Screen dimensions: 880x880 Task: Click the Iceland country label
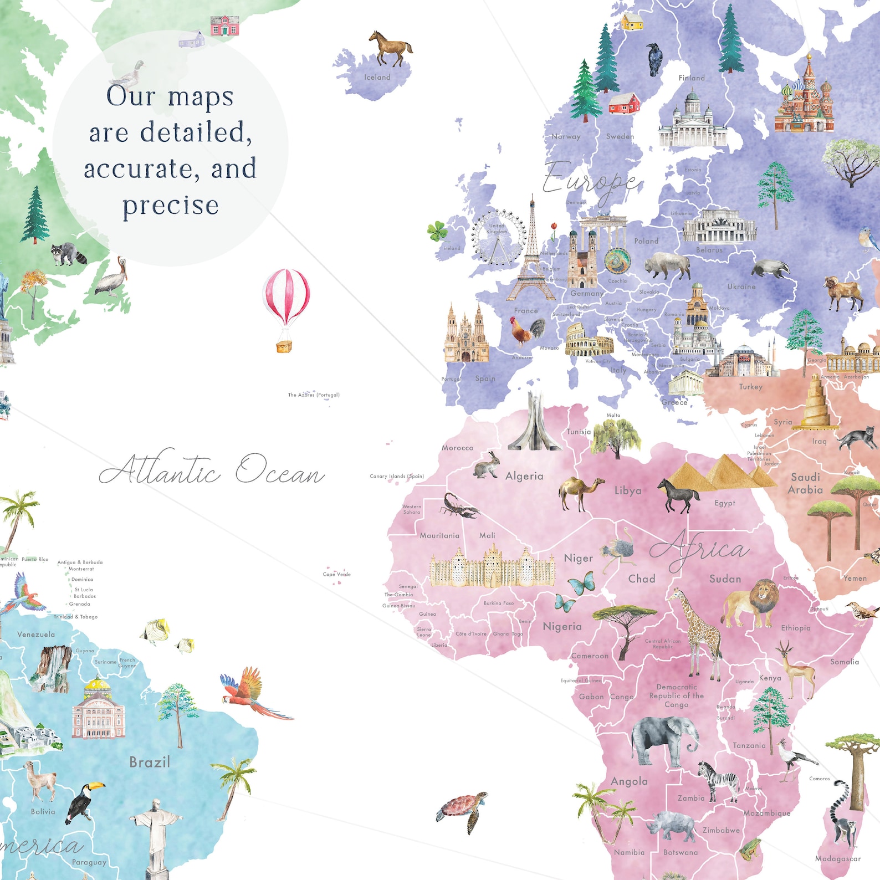coord(377,78)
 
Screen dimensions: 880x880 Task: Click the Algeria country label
coord(524,476)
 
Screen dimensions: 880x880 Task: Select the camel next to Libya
coord(580,492)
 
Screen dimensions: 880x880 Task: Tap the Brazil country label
coord(150,763)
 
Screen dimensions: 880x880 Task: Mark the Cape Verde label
coord(337,574)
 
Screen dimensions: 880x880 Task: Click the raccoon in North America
coord(69,254)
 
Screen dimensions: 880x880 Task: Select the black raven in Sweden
coord(654,58)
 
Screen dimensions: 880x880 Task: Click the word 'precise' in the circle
coord(171,205)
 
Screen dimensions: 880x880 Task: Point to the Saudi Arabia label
coord(806,483)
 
